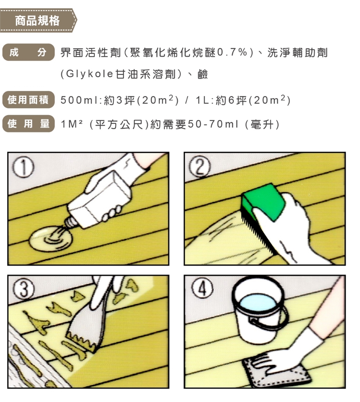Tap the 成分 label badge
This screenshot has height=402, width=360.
pos(28,52)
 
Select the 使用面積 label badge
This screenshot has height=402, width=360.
pos(28,99)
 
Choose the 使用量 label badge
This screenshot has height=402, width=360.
pos(28,124)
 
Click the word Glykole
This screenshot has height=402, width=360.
pos(90,74)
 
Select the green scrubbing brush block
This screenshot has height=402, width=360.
pos(264,202)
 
